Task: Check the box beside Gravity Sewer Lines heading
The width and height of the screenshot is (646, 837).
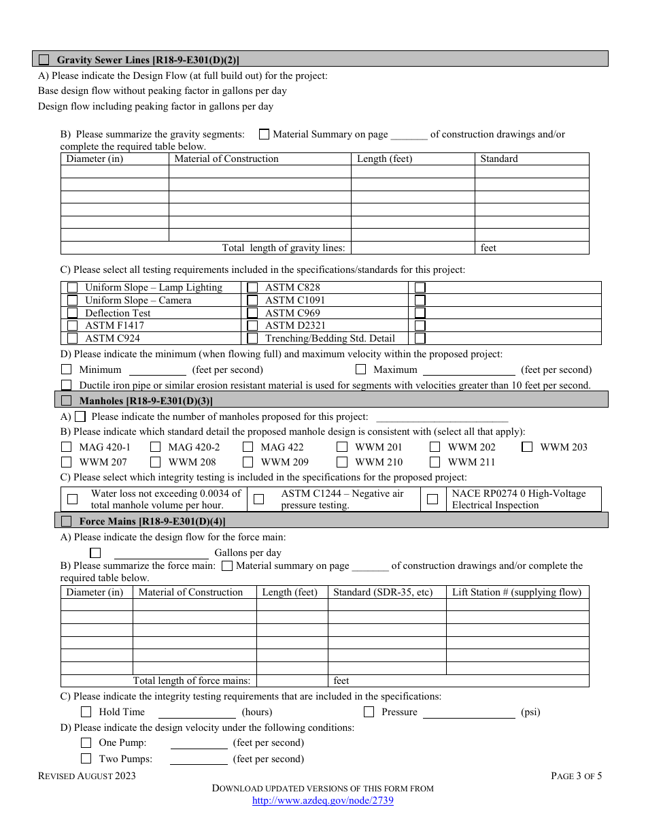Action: [x=44, y=60]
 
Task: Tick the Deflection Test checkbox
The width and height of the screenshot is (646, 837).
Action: [x=72, y=313]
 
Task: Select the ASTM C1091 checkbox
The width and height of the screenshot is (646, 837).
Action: [x=252, y=300]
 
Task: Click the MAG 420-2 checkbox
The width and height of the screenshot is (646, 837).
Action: [x=156, y=447]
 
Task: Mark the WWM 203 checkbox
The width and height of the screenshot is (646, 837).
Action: [x=527, y=447]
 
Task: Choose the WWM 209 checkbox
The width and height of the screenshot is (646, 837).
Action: [x=248, y=462]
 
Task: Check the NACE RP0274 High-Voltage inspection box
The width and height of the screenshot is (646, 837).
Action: [x=432, y=499]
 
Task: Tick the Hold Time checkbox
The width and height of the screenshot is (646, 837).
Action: [x=86, y=712]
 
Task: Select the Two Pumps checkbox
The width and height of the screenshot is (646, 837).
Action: [x=86, y=759]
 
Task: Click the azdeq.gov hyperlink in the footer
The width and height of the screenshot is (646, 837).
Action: [x=322, y=801]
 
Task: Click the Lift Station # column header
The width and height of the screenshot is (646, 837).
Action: [x=517, y=592]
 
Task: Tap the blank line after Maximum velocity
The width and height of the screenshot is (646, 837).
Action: [x=469, y=370]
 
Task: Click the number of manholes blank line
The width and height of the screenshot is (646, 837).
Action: [x=442, y=417]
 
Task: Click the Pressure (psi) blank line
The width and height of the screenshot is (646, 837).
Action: [x=469, y=712]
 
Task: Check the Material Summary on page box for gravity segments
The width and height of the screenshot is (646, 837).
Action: [x=264, y=135]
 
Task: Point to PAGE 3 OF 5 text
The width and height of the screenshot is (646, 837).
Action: [x=576, y=776]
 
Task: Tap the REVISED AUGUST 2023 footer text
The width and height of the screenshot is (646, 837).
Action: [x=87, y=776]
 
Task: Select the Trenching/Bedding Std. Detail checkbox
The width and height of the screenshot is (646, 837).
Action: [x=252, y=338]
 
